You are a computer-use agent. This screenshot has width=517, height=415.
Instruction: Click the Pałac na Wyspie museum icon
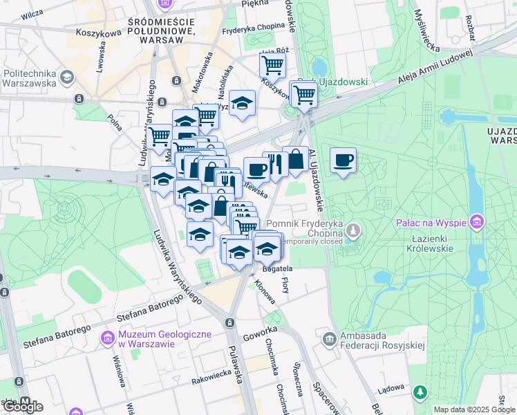point(476,223)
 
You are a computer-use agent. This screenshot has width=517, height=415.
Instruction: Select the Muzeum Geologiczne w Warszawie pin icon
point(107,338)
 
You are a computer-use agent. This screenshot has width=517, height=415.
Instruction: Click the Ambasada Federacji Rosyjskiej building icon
point(329,338)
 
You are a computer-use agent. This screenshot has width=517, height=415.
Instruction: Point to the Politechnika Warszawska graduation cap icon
point(67,77)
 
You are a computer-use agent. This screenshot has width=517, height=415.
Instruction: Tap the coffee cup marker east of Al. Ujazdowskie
point(343,161)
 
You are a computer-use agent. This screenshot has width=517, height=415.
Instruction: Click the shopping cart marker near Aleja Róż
point(272,66)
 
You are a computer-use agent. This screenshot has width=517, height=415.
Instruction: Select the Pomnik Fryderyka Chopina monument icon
point(354,230)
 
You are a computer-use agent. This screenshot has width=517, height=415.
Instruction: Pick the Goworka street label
point(260,331)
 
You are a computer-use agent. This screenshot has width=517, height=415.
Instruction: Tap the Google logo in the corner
point(22,406)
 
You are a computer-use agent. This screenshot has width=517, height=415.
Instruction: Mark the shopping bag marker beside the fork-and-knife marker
point(296,158)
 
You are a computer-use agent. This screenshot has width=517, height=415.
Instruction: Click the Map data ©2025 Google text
point(473,409)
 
